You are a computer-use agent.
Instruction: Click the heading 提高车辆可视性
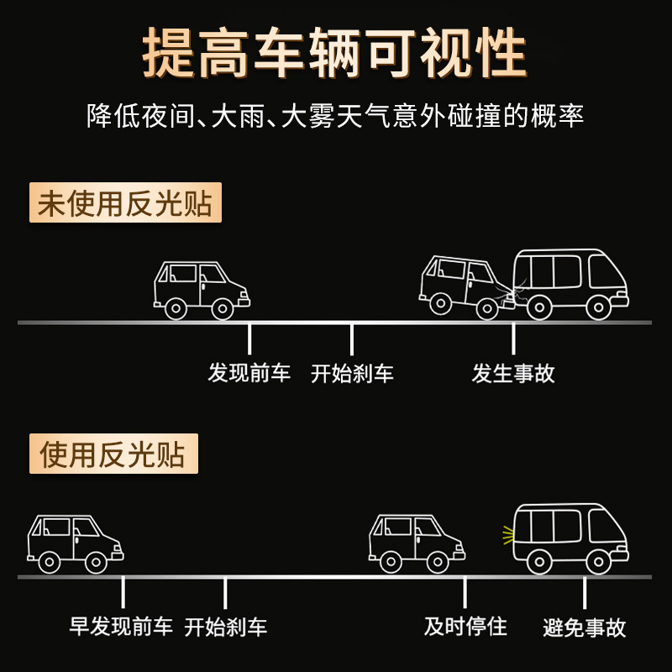pos(335,53)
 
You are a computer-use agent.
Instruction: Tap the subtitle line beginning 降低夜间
pos(335,115)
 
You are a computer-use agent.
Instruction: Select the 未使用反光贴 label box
pos(125,203)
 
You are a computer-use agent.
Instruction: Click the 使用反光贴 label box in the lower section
pos(113,454)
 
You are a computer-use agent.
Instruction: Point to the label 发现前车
pos(249,373)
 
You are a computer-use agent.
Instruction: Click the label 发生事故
pos(513,373)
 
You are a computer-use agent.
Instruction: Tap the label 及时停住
pos(465,626)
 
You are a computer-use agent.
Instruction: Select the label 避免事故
pos(585,627)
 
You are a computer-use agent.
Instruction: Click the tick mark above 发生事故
pos(513,339)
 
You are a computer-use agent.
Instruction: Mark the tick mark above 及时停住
pos(465,593)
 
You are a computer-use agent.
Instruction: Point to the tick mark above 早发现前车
pos(123,591)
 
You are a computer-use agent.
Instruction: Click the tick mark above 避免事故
pos(585,593)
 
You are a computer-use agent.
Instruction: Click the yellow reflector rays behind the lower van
pos(507,533)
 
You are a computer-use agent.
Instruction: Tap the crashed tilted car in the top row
pos(465,286)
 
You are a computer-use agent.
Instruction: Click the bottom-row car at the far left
pos(75,543)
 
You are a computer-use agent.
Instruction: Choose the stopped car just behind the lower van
pos(417,543)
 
